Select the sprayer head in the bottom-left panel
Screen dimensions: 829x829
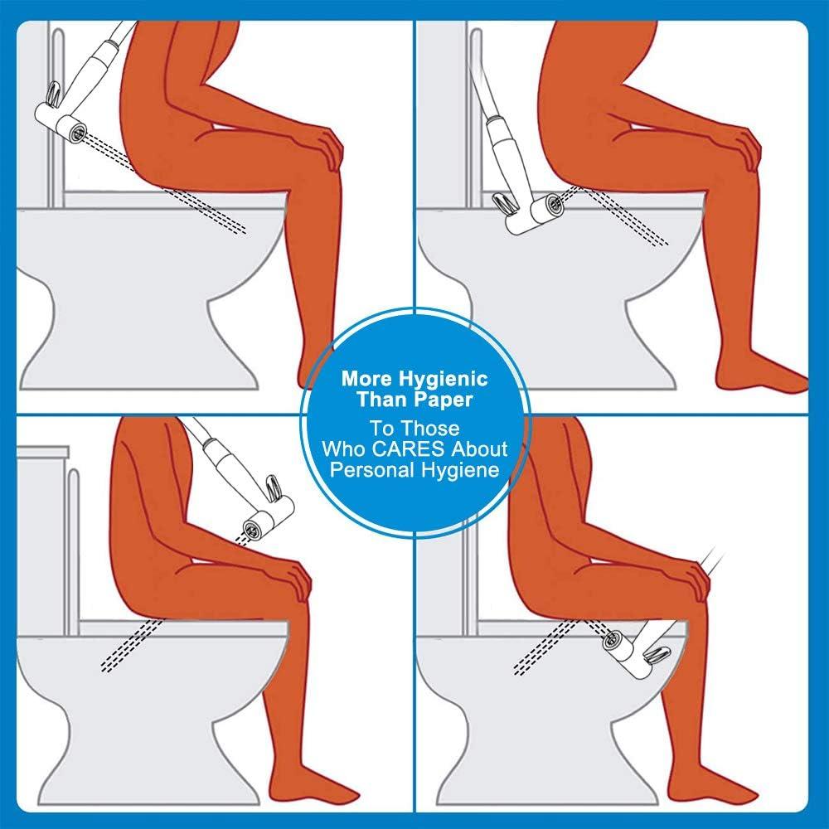click(264, 520)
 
